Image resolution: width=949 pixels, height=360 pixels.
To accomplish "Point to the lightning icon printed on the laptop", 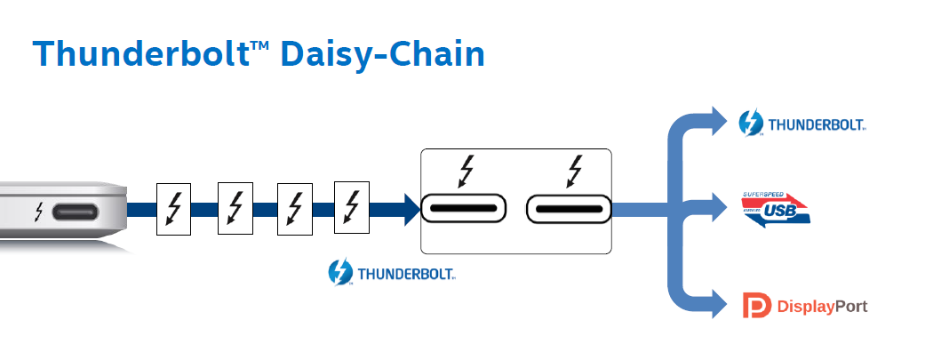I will (39, 212).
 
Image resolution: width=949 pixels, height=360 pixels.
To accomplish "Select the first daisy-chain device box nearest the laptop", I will (173, 209).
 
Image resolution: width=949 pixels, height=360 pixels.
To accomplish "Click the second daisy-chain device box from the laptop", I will (235, 209).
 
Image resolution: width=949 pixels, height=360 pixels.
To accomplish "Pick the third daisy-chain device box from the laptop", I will (295, 209).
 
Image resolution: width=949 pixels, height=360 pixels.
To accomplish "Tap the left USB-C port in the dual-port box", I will (463, 210).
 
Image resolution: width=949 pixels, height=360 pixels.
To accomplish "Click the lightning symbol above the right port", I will (575, 171).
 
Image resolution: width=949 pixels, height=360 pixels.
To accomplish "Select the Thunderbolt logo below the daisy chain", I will (391, 272).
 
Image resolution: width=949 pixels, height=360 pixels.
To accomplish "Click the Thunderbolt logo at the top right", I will (802, 124).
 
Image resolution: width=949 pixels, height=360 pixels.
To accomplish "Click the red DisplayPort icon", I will (752, 307).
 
